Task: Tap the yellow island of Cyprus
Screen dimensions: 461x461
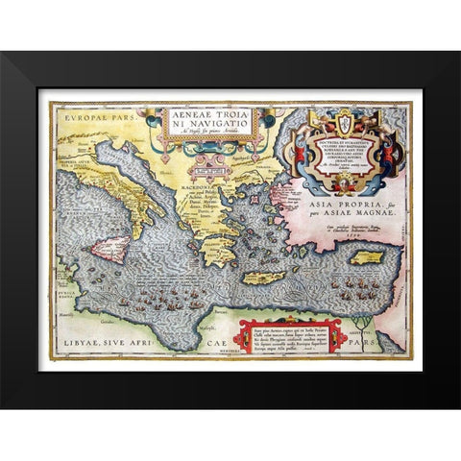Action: coord(367,258)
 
